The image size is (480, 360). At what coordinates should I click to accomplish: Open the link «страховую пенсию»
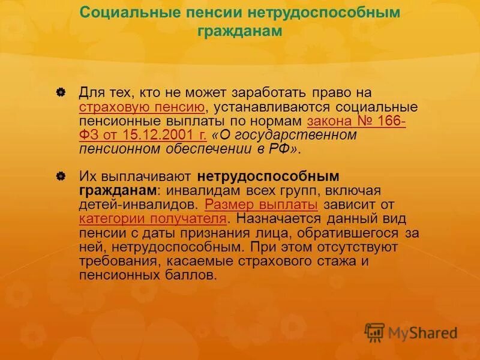(142, 107)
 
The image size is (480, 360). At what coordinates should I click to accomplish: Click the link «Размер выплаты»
(261, 205)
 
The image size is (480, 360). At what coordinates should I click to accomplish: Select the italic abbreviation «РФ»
(280, 149)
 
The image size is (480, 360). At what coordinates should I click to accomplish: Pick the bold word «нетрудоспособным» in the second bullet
(268, 177)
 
